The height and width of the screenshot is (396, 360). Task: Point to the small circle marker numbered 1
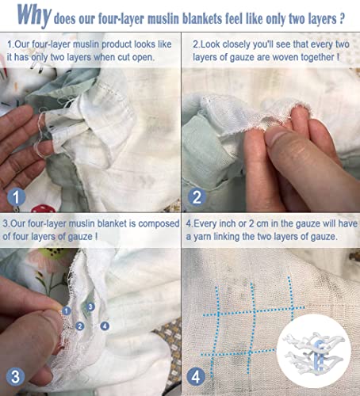(67, 311)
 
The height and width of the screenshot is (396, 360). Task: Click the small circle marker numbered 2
(81, 326)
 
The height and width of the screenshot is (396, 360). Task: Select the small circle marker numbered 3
(91, 307)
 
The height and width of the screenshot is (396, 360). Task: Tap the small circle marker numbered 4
(105, 325)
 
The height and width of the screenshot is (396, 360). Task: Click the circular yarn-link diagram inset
(315, 355)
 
